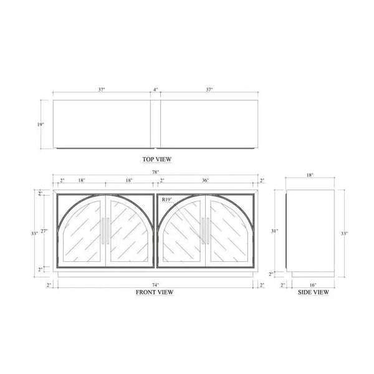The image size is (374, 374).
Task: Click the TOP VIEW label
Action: [157, 160]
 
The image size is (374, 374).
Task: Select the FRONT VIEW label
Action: [155, 292]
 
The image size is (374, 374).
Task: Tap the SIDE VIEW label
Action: [314, 292]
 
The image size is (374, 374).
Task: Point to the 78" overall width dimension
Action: [155, 172]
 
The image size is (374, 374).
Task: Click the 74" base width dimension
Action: [155, 285]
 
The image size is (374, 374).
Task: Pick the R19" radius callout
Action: [167, 199]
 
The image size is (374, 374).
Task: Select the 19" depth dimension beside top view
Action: [41, 125]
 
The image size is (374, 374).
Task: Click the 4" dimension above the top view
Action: [155, 90]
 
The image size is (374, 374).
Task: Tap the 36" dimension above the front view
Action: [205, 180]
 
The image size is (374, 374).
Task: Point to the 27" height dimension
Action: [44, 231]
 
